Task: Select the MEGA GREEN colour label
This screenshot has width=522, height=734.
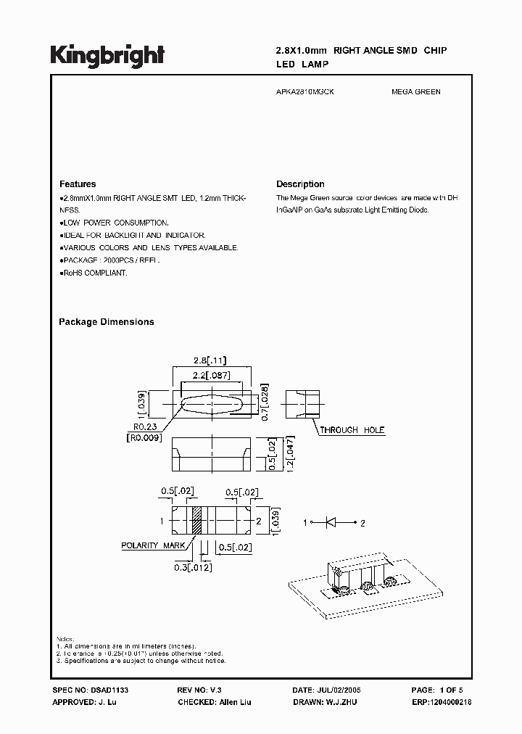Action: tap(415, 92)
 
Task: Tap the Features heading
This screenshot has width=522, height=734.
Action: tap(78, 184)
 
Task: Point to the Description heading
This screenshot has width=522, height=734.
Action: tap(300, 184)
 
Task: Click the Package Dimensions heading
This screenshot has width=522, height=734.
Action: tap(106, 322)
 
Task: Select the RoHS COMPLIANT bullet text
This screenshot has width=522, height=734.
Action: tap(94, 273)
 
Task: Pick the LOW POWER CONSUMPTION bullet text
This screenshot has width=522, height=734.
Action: tap(115, 223)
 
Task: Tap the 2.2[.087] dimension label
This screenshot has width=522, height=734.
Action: tap(211, 375)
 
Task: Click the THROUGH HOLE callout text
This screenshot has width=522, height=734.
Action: tap(352, 430)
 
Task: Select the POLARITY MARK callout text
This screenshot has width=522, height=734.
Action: tap(153, 545)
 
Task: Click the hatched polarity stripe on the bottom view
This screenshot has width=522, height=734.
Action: tap(194, 521)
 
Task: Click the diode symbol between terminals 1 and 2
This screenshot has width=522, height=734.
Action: tap(334, 521)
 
